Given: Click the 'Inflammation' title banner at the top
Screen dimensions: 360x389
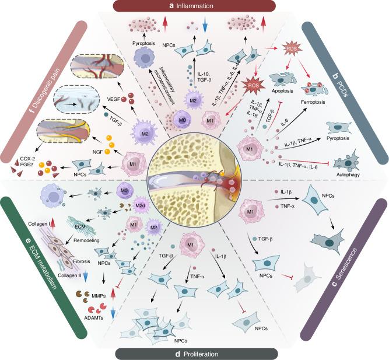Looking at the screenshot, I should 195,6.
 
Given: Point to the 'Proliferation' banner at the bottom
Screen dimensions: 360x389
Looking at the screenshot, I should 194,354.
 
